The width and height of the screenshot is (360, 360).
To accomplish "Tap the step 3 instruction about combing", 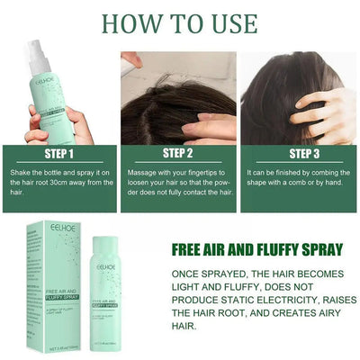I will (297, 176).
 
